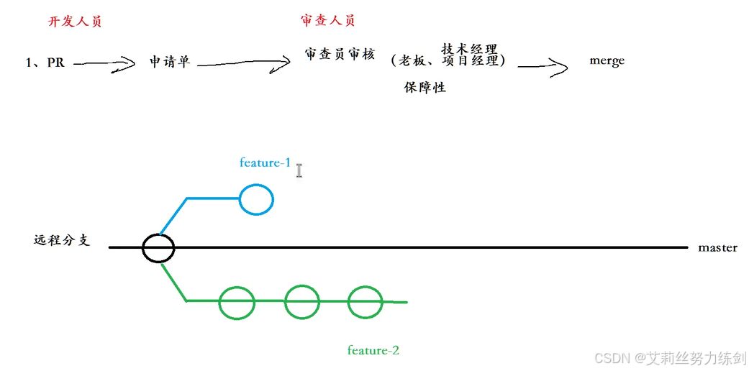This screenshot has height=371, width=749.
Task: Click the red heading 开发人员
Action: point(75,22)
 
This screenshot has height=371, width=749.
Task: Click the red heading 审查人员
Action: point(327,21)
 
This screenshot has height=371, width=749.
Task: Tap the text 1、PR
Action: point(45,63)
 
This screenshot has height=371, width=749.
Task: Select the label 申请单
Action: point(170,62)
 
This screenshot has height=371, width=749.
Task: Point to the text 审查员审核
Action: point(340,55)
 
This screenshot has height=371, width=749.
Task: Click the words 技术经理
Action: point(469,49)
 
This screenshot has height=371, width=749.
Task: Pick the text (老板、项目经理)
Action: point(449,62)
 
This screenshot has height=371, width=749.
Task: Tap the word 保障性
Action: point(425,88)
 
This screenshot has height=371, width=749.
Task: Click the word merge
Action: point(607,61)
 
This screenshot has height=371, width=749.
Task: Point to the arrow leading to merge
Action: point(543,67)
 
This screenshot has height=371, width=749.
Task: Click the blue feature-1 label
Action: point(265,163)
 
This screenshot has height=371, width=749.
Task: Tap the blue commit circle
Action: point(255,199)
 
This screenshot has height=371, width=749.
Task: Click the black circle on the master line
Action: point(158,248)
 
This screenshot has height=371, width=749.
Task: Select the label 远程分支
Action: point(62,241)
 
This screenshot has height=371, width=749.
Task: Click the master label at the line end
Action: point(717,248)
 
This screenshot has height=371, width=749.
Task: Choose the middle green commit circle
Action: point(301,302)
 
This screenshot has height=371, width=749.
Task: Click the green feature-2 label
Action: point(373,351)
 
